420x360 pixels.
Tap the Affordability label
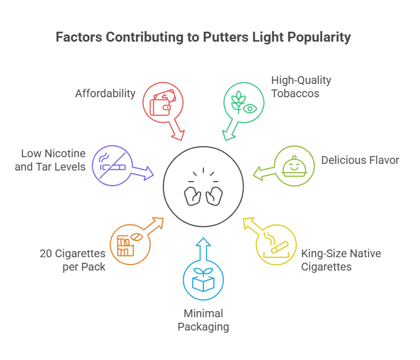click(x=105, y=93)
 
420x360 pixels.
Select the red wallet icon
click(x=162, y=102)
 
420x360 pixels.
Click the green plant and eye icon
click(x=243, y=102)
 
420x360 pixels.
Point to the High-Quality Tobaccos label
click(x=301, y=87)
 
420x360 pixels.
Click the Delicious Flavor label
click(x=360, y=160)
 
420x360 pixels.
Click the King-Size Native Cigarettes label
click(x=341, y=260)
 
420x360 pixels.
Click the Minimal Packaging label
click(x=203, y=320)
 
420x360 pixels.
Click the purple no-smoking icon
click(x=112, y=163)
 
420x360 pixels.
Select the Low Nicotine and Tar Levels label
click(x=53, y=160)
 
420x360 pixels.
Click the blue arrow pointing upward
click(x=203, y=248)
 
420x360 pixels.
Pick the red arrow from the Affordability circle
click(x=177, y=130)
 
